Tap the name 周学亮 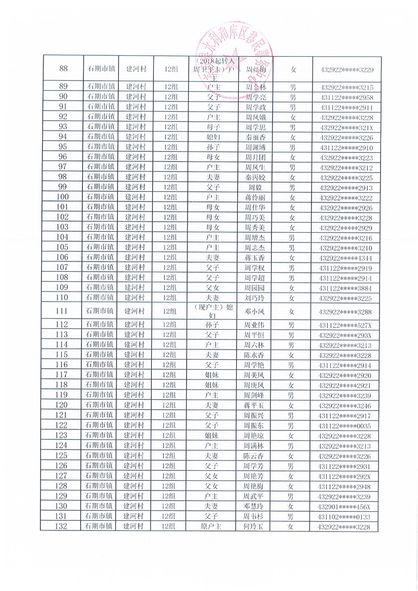point(256,97)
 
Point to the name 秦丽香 point(256,136)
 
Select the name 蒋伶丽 point(256,197)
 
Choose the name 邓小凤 point(256,311)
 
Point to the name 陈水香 point(256,355)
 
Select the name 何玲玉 point(256,526)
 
